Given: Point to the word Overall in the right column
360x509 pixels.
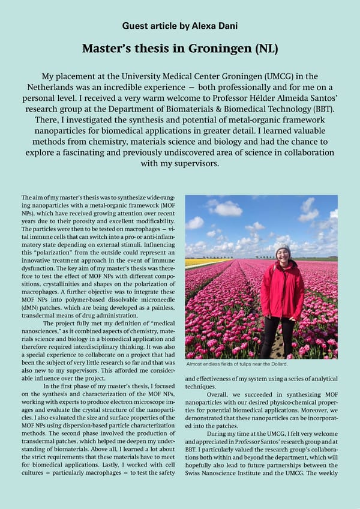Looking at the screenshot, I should [x=220, y=394].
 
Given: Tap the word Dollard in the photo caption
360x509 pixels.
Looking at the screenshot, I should [x=276, y=364].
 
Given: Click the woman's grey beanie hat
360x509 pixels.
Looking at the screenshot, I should [x=282, y=247].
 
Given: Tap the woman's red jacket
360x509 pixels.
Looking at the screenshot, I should [x=282, y=291].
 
